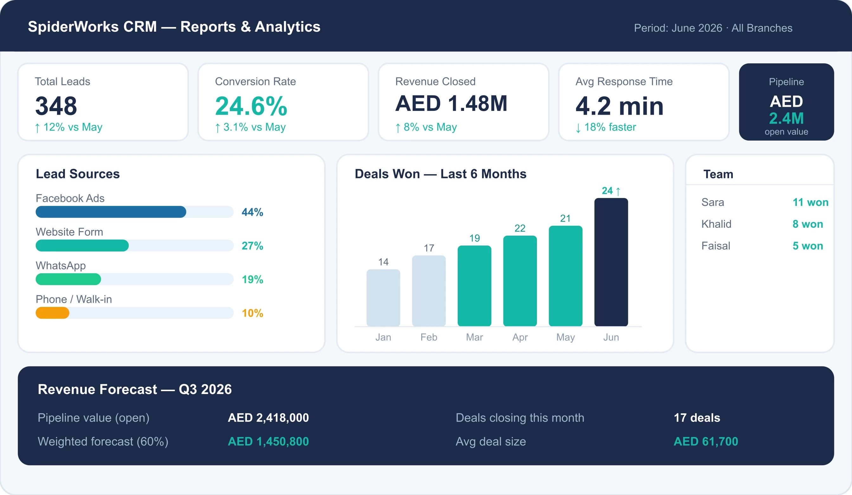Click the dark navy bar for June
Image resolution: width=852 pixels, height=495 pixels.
(x=611, y=262)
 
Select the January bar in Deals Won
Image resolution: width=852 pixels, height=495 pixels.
(x=383, y=298)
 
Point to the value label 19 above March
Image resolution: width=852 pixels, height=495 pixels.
(x=474, y=238)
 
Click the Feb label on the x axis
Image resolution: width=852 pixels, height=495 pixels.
(x=429, y=337)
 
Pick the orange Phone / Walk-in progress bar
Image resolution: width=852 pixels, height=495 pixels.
(x=52, y=313)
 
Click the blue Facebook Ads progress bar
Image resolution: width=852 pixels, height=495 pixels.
(x=111, y=212)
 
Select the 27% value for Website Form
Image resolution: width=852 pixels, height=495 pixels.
(x=252, y=246)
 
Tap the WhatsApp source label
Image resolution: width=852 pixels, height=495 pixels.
(x=61, y=266)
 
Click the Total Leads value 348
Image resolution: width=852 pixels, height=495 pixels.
(x=56, y=106)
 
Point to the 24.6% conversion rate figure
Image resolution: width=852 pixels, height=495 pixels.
(x=251, y=106)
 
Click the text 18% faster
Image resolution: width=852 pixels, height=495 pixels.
(x=610, y=127)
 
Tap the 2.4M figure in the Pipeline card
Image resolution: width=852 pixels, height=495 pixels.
(x=786, y=118)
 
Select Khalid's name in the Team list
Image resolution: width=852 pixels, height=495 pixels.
(x=716, y=224)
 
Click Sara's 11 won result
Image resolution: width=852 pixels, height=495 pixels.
(x=810, y=202)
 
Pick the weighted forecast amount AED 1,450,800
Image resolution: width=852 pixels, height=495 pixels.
(x=268, y=441)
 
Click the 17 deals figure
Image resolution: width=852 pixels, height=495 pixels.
(x=697, y=418)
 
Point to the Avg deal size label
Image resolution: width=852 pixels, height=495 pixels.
(x=491, y=441)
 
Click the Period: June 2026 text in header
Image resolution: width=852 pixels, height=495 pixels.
(x=678, y=28)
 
